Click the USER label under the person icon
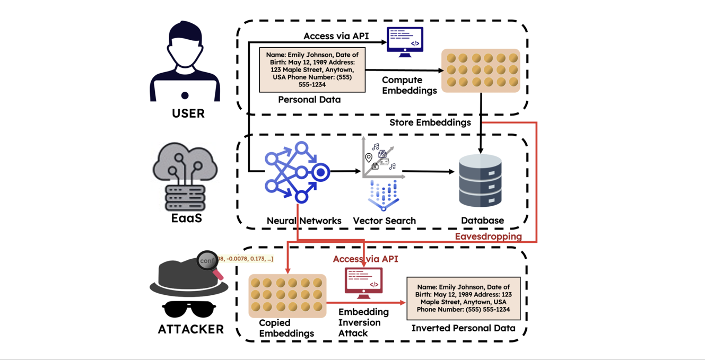pyautogui.click(x=188, y=113)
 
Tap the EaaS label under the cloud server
pyautogui.click(x=186, y=217)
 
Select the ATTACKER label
pyautogui.click(x=190, y=329)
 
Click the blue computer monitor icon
pyautogui.click(x=405, y=42)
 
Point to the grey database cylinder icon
pyautogui.click(x=480, y=181)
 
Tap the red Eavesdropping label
pyautogui.click(x=488, y=236)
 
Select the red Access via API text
pyautogui.click(x=365, y=259)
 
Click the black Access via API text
pyautogui.click(x=336, y=36)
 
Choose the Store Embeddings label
pyautogui.click(x=430, y=122)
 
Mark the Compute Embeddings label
pyautogui.click(x=409, y=85)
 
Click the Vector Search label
pyautogui.click(x=384, y=221)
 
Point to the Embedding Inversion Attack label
pyautogui.click(x=363, y=322)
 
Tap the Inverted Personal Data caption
pyautogui.click(x=463, y=328)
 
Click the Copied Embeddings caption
pyautogui.click(x=286, y=328)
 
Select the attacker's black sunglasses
pyautogui.click(x=189, y=309)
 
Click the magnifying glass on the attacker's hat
pyautogui.click(x=210, y=263)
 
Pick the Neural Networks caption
pyautogui.click(x=304, y=221)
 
